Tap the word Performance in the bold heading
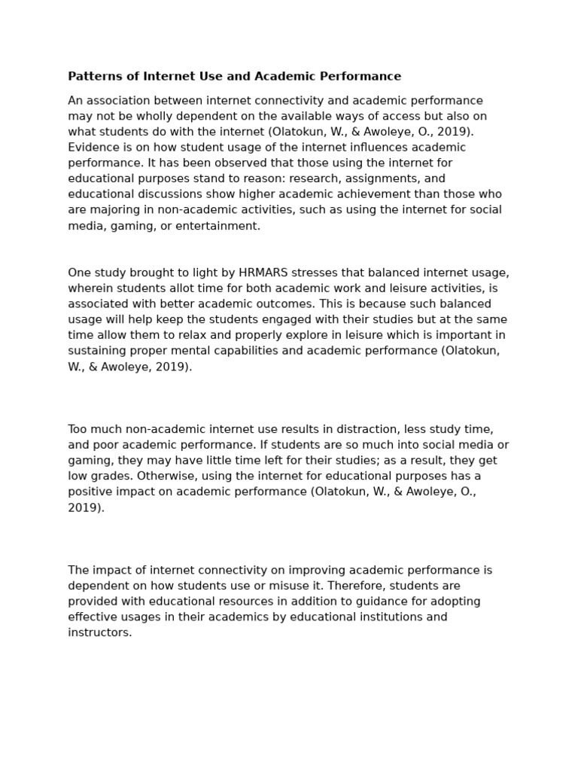click(x=365, y=76)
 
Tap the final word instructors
click(x=99, y=632)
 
